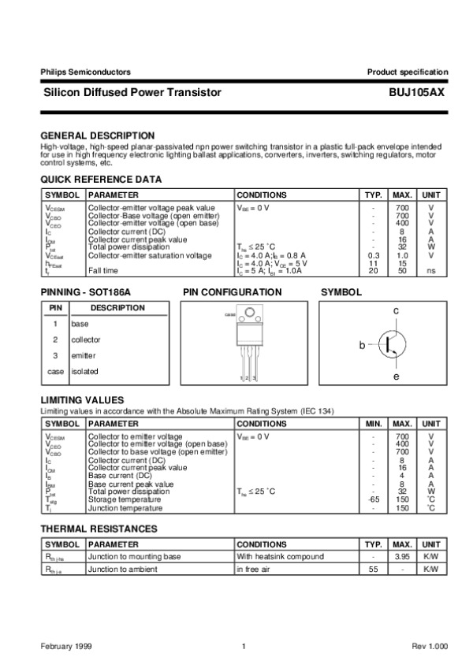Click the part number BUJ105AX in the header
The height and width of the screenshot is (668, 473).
point(417,93)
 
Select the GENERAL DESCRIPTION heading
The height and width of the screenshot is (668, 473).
point(97,135)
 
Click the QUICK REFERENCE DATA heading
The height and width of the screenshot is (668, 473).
point(101,180)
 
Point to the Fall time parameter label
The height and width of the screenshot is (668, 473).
point(104,271)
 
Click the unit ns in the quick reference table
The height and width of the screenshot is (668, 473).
point(431,271)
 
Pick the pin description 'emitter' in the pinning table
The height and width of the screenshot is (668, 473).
point(84,355)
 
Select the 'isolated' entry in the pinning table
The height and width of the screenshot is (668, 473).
point(85,371)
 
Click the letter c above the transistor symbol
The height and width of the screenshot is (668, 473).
point(397,313)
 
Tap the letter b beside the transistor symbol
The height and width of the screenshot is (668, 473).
point(363,345)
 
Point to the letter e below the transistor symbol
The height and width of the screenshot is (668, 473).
point(397,377)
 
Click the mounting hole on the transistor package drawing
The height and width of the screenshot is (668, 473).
point(251,317)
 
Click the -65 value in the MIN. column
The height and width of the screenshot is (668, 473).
point(374,499)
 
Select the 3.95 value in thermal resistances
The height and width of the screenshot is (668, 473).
point(402,556)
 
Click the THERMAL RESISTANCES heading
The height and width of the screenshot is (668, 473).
point(99,529)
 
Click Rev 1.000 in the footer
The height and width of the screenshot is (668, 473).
point(430,647)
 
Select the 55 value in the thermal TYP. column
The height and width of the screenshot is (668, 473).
point(374,569)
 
